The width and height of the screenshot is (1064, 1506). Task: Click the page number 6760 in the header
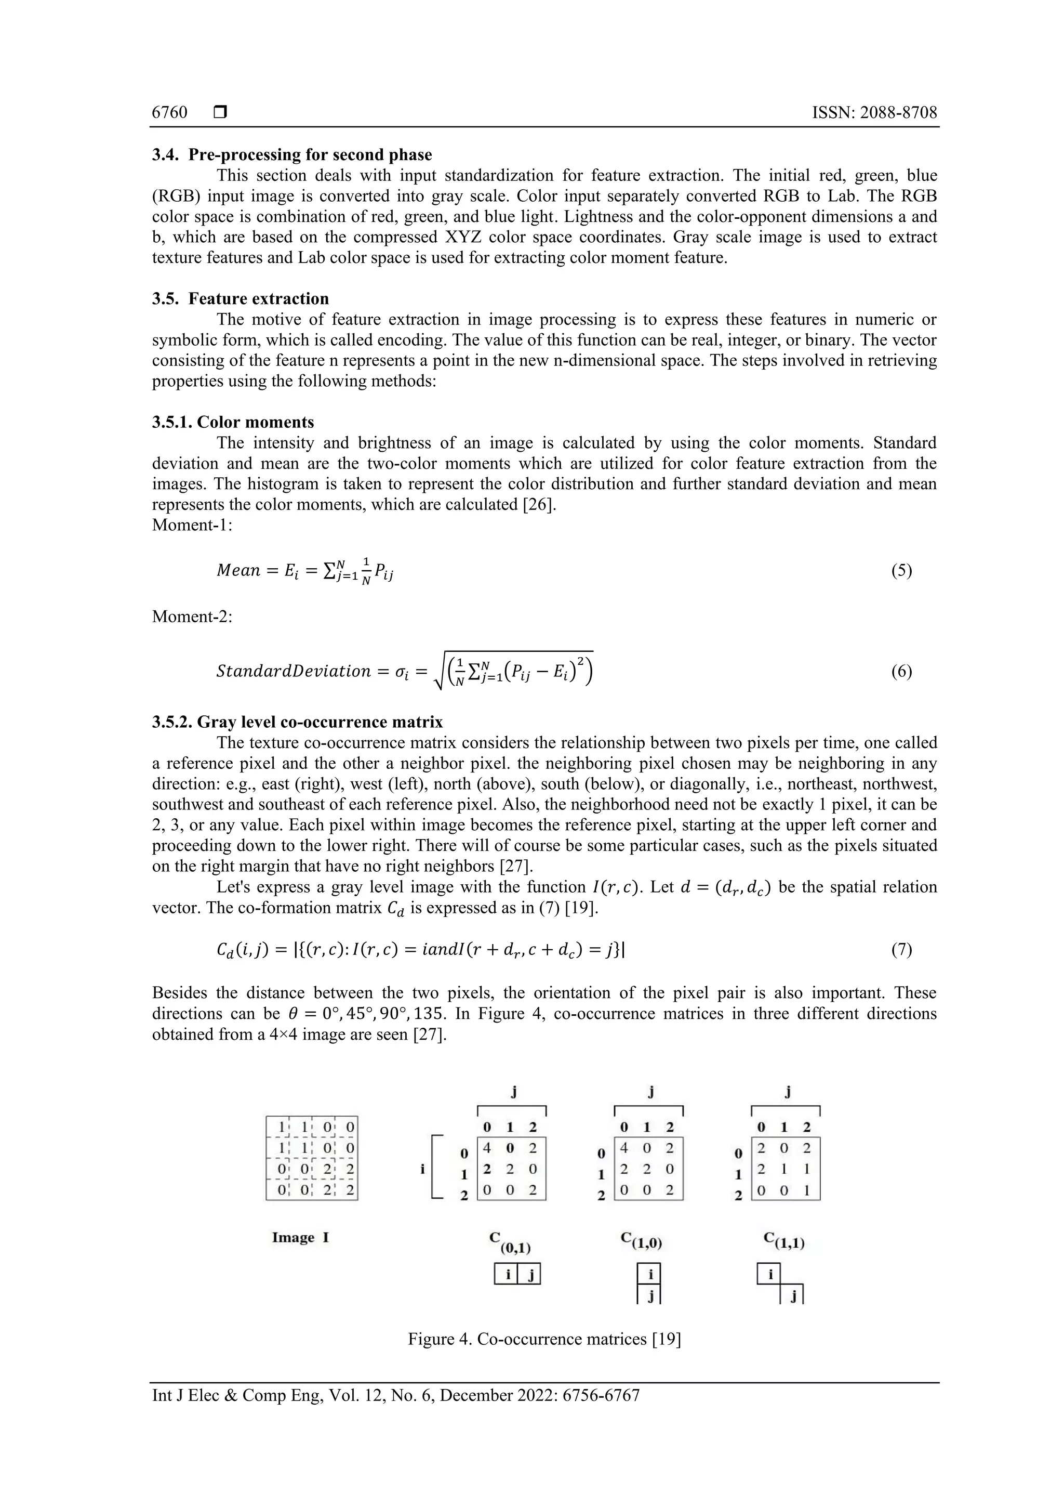(169, 112)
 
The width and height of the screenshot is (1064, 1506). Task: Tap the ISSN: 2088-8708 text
(874, 112)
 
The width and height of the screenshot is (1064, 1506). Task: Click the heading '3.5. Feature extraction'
(240, 298)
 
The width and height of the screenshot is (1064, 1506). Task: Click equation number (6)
(901, 671)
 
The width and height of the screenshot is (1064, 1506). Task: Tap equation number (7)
(901, 949)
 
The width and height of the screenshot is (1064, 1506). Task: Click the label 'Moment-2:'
(192, 617)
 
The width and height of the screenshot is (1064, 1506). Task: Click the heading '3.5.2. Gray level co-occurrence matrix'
(297, 722)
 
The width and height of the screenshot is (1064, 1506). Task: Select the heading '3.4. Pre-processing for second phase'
(292, 155)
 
